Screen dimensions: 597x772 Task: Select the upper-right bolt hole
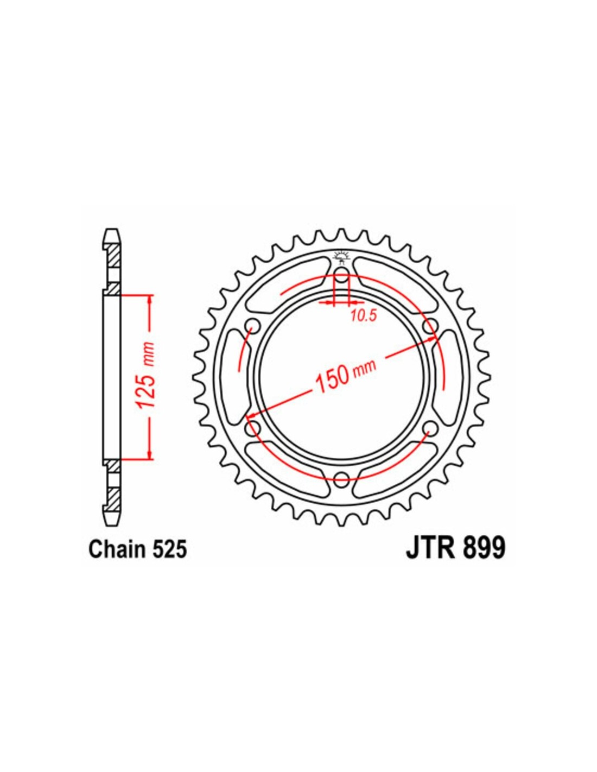tap(430, 325)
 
